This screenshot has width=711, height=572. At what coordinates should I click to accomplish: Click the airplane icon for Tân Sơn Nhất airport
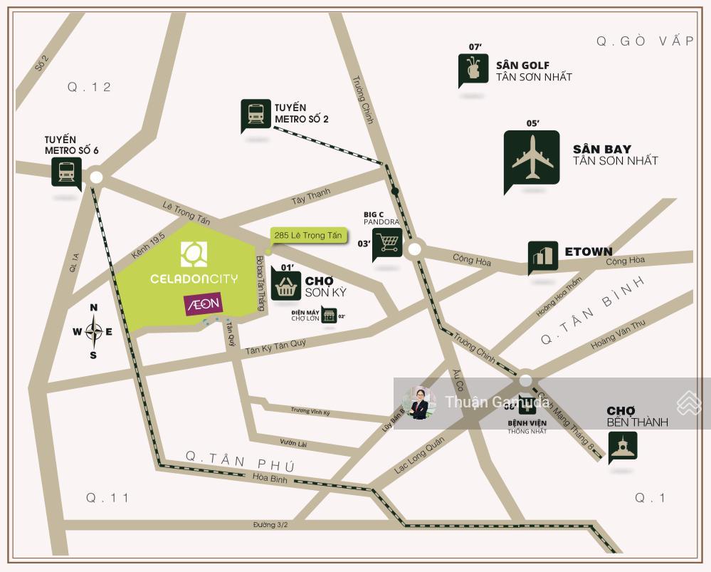click(532, 160)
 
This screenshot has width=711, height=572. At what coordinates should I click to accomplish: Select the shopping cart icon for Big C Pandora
click(388, 244)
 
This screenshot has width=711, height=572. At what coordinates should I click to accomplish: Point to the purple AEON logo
click(204, 304)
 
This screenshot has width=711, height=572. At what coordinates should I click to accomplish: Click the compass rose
click(93, 331)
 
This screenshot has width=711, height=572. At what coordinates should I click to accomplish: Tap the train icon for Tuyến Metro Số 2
click(256, 115)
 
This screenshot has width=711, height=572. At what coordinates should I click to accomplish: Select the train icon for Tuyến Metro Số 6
click(66, 171)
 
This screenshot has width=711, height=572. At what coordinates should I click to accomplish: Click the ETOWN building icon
click(542, 256)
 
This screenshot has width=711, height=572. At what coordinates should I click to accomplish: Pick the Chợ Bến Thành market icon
click(623, 447)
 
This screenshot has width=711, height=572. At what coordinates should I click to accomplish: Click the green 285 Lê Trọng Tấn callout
click(307, 235)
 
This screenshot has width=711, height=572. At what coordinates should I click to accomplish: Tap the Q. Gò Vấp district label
click(645, 41)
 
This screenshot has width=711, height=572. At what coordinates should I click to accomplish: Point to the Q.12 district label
click(90, 87)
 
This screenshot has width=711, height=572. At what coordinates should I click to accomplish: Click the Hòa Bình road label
click(270, 479)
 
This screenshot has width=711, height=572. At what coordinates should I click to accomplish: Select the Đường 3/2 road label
click(270, 525)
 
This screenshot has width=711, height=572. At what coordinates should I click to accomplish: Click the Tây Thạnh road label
click(311, 195)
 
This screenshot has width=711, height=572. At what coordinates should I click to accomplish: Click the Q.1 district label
click(650, 498)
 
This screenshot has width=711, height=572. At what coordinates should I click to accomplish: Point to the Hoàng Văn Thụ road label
click(617, 335)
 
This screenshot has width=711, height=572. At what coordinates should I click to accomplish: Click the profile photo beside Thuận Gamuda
click(419, 402)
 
